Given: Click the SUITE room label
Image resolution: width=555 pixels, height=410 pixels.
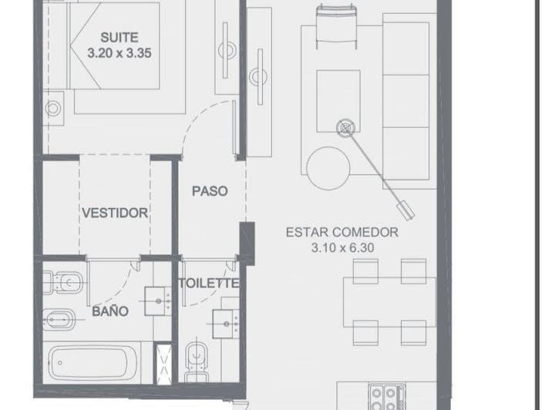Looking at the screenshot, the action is point(119,38).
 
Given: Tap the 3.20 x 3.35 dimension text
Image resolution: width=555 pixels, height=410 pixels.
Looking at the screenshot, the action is point(119,53).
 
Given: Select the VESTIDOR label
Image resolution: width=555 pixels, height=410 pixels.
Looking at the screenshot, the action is point(115,213).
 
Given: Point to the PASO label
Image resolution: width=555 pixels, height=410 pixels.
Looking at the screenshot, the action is point(210,191).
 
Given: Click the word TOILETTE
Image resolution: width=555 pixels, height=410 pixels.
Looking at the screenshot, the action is point(208,284).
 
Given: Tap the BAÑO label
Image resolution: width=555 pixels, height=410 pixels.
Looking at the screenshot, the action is point(110,311).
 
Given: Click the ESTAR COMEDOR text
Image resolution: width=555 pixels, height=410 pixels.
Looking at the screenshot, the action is point(342,233).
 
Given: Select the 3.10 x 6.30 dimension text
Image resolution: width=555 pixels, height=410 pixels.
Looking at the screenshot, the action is point(342,247).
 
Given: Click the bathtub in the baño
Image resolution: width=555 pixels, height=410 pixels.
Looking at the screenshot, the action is point(93,363).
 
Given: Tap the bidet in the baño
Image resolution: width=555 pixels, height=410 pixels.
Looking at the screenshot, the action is point(59,320).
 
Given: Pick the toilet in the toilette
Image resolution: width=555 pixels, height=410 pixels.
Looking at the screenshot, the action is point(196,361).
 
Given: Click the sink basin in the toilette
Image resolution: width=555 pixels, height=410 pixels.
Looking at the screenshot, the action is point(225,324).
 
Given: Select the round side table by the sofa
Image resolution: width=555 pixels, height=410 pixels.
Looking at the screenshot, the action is point(328,168).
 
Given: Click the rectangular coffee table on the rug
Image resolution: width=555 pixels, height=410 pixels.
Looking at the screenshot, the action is point(338,101).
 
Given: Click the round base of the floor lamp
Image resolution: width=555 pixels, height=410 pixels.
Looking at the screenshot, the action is point(345,127).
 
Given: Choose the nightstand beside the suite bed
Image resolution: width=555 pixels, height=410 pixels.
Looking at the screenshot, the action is point(53,108).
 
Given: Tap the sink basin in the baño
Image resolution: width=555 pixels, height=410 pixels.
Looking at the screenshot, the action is point(158,301).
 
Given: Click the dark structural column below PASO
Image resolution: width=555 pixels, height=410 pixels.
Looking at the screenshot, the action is point(247,244).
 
